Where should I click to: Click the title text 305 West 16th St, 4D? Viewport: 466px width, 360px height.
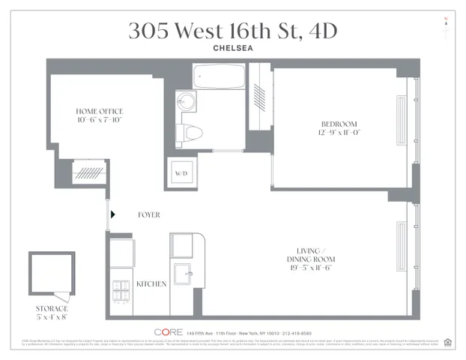pyautogui.click(x=232, y=31)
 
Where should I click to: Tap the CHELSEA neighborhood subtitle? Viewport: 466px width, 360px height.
pyautogui.click(x=232, y=50)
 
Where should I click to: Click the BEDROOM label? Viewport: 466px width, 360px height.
pyautogui.click(x=339, y=124)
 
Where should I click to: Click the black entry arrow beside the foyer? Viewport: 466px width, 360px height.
pyautogui.click(x=113, y=214)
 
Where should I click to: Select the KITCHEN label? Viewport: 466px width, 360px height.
pyautogui.click(x=151, y=284)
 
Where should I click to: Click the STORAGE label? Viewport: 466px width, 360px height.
pyautogui.click(x=52, y=308)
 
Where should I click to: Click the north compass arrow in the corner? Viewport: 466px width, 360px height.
pyautogui.click(x=447, y=20)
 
